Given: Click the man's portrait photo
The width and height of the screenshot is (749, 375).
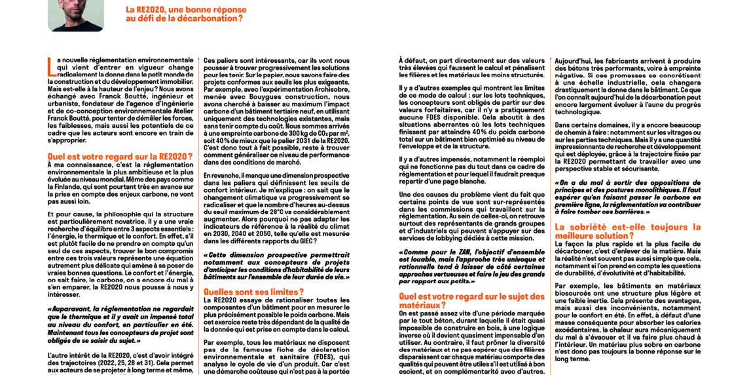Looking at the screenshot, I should (75, 14).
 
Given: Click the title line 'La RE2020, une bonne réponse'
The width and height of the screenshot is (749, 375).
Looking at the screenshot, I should (186, 10).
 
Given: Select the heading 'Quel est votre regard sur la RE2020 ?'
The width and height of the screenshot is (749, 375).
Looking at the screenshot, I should (120, 156).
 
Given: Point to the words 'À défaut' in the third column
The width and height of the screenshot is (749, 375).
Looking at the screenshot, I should (411, 61).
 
